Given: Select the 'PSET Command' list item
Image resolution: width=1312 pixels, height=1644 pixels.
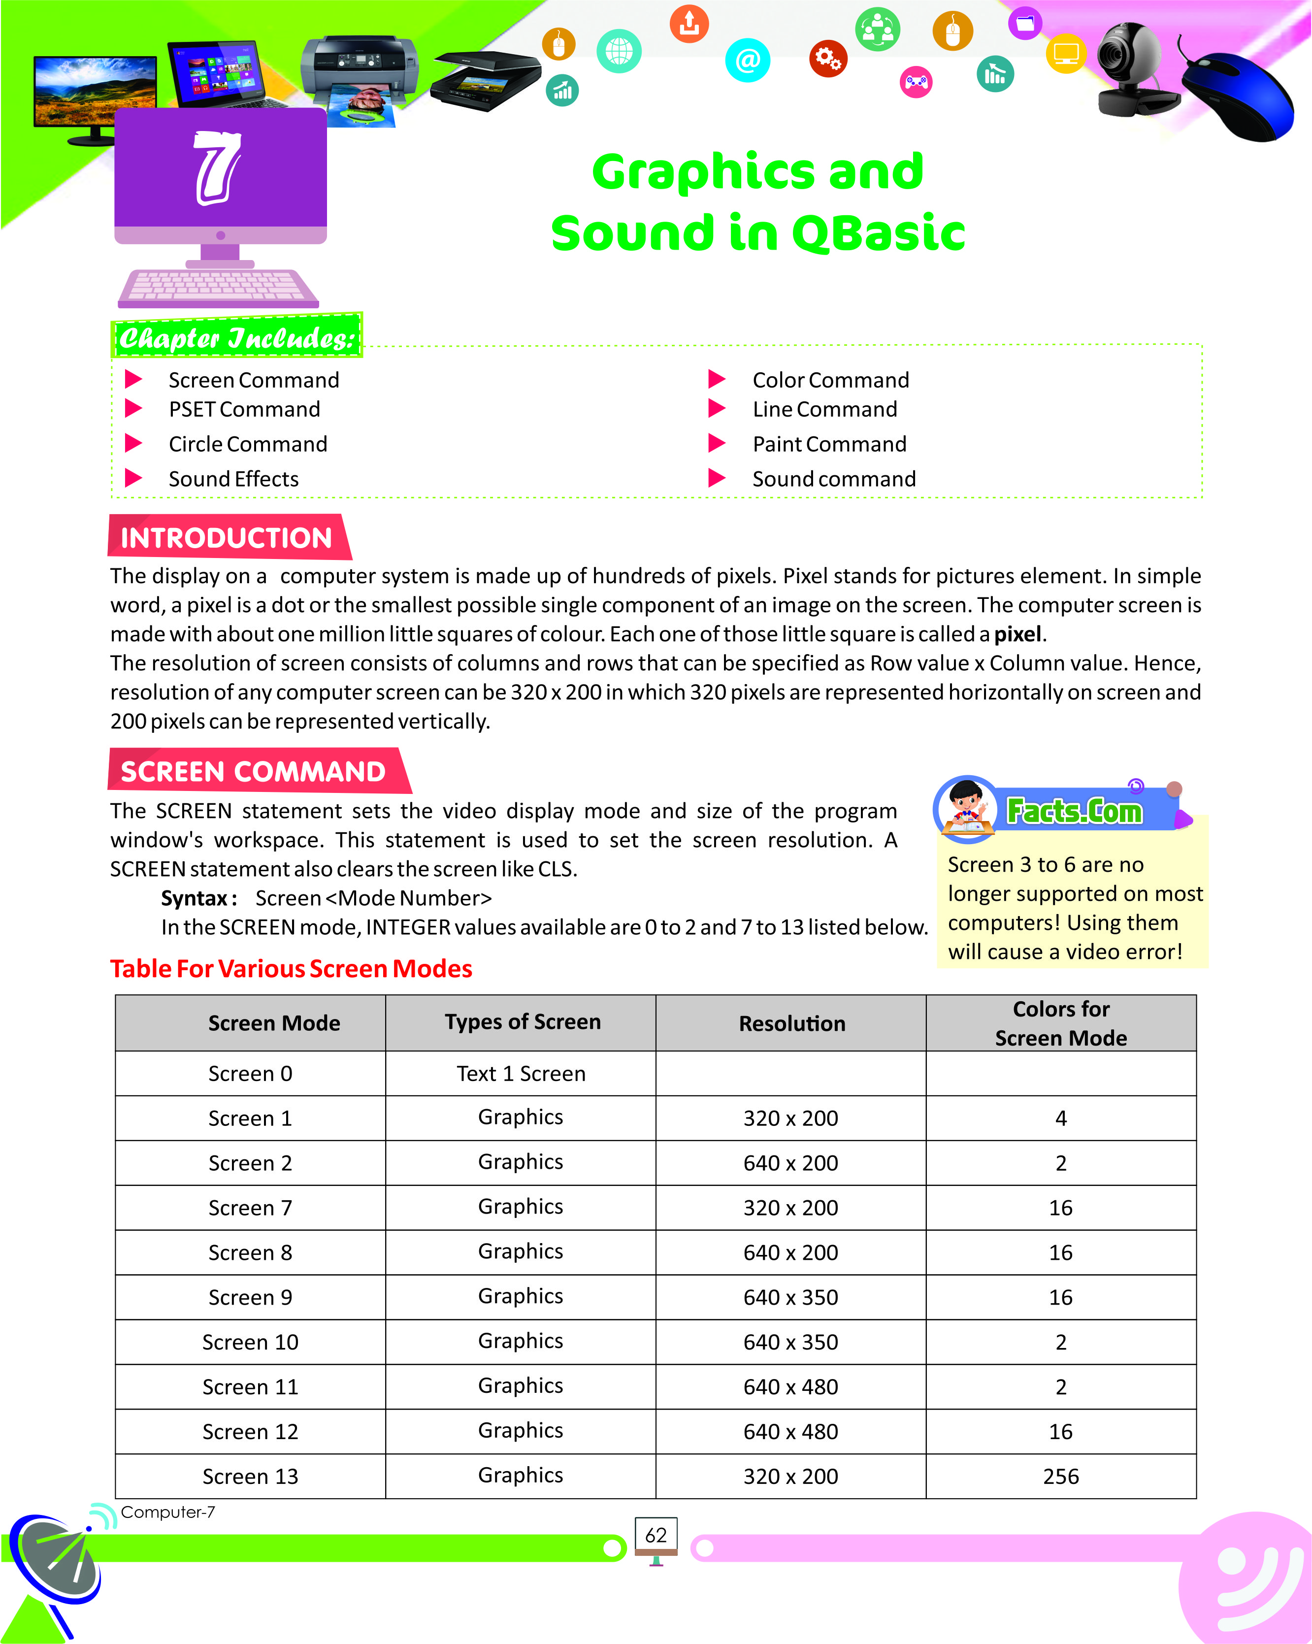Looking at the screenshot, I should (x=244, y=409).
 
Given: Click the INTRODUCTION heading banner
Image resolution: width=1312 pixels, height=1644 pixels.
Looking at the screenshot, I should (x=227, y=538).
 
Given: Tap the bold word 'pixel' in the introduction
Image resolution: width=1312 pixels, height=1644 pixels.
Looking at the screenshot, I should (x=1017, y=634).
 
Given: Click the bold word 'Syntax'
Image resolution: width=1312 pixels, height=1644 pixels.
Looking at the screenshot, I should (x=195, y=898).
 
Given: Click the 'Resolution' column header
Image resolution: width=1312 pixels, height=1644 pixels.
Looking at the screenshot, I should (x=791, y=1023).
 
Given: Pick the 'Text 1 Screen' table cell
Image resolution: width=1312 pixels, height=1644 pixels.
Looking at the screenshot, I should (x=521, y=1074).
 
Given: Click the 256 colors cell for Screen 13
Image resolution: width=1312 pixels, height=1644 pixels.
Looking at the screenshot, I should (x=1060, y=1476).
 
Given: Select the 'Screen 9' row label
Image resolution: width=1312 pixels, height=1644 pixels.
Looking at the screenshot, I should (x=250, y=1297).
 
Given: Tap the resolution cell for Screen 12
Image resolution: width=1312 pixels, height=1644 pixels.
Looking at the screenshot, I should (x=790, y=1431).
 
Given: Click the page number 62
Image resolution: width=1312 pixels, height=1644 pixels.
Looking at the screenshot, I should (x=656, y=1535).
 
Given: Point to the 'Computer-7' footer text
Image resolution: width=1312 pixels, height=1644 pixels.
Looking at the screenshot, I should (x=168, y=1512).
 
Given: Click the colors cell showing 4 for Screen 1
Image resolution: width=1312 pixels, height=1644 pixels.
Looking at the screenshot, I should (x=1060, y=1118).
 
